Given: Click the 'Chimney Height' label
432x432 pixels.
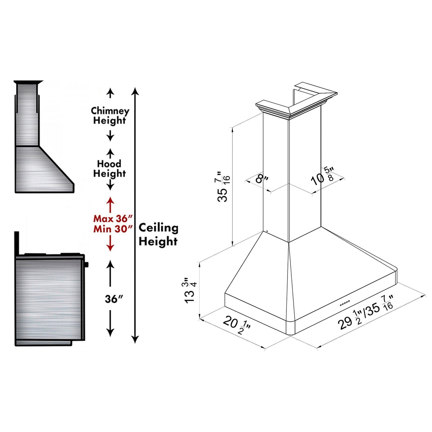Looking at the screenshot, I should pyautogui.click(x=110, y=116).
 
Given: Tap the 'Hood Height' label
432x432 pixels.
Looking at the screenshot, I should pyautogui.click(x=109, y=169).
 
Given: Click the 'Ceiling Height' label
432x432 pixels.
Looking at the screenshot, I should pyautogui.click(x=158, y=235).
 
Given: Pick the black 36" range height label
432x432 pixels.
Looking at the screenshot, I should pyautogui.click(x=114, y=299).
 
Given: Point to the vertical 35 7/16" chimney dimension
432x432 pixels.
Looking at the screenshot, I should pyautogui.click(x=224, y=186).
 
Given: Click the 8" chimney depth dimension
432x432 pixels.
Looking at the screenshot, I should pyautogui.click(x=262, y=178).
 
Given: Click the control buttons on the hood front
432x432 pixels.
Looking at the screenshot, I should pyautogui.click(x=345, y=303).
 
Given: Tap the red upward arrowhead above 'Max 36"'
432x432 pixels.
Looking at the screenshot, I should pyautogui.click(x=110, y=200).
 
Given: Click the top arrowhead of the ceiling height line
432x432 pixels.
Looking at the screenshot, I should pyautogui.click(x=135, y=91).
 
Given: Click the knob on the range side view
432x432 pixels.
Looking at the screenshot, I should pyautogui.click(x=86, y=264).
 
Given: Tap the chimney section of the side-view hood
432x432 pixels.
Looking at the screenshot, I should pyautogui.click(x=26, y=114).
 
